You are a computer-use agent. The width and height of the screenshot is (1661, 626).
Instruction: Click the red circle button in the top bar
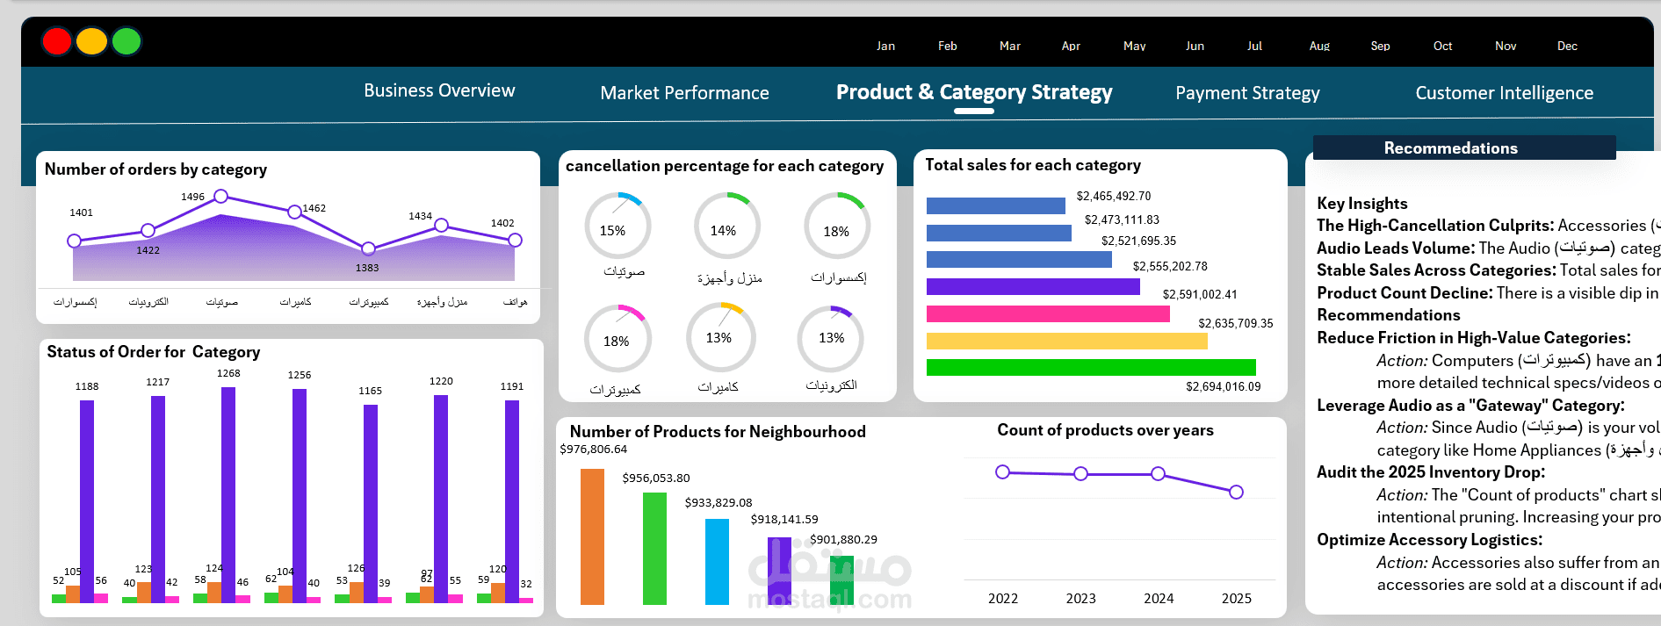click(x=57, y=41)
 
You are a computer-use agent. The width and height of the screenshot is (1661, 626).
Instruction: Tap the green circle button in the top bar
click(x=126, y=41)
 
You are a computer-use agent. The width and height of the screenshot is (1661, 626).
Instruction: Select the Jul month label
click(x=1254, y=46)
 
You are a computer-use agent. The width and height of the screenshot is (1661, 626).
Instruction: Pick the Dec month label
click(x=1567, y=46)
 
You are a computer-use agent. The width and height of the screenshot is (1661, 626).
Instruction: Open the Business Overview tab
click(x=439, y=90)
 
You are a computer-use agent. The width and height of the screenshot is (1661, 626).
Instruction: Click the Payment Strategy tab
click(x=1247, y=93)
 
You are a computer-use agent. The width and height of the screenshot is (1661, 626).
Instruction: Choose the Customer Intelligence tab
click(x=1504, y=93)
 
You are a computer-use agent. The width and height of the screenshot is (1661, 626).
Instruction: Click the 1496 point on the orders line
click(x=221, y=196)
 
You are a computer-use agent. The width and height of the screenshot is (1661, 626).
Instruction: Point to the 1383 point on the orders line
click(x=368, y=248)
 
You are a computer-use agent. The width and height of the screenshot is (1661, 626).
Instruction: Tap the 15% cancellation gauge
click(x=617, y=226)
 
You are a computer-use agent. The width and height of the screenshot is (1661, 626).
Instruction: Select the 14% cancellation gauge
click(x=726, y=226)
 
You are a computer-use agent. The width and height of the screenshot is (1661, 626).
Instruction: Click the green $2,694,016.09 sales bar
click(x=1091, y=367)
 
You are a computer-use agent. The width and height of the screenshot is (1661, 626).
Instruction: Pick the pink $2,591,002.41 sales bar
click(x=1048, y=313)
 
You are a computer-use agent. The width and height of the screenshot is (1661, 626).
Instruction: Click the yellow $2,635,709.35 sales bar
click(x=1066, y=341)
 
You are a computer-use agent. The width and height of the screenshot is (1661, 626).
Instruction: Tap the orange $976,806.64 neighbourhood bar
click(x=592, y=536)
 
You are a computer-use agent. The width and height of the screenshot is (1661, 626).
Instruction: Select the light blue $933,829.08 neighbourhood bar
click(x=717, y=562)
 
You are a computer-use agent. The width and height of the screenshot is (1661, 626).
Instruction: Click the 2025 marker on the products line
click(x=1236, y=492)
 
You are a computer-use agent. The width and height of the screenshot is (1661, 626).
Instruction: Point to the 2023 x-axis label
click(x=1080, y=599)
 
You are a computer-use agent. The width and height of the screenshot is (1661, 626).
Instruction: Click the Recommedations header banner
click(x=1463, y=148)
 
